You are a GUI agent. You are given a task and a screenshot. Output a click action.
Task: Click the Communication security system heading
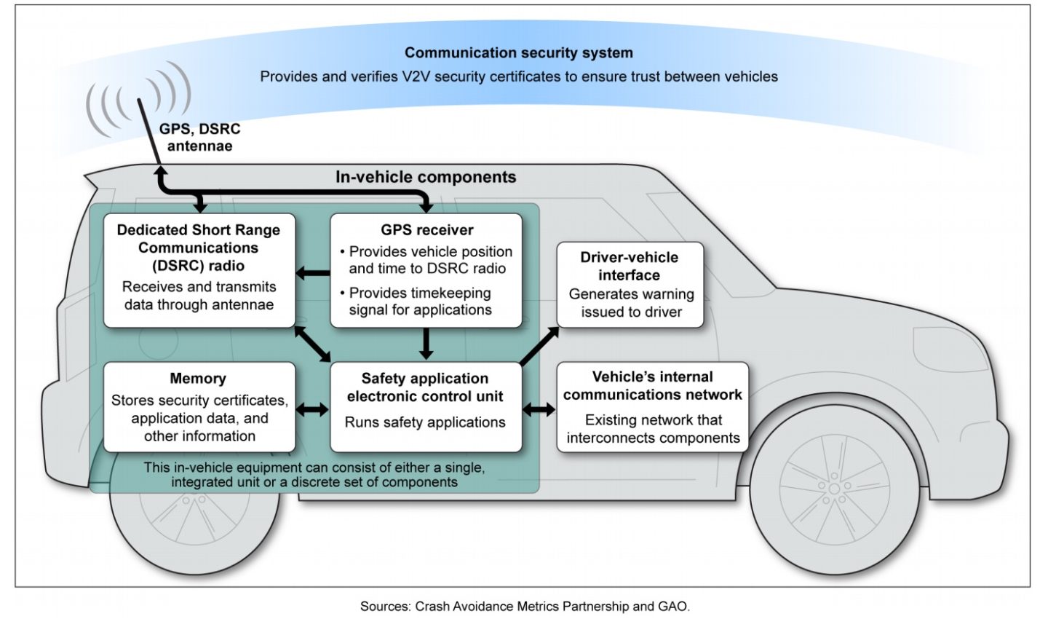pyautogui.click(x=518, y=52)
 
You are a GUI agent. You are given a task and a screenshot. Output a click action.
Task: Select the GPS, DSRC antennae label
pyautogui.click(x=199, y=137)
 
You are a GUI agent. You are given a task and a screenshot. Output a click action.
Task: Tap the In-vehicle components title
pyautogui.click(x=426, y=177)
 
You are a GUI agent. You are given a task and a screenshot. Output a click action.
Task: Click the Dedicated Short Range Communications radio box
pyautogui.click(x=199, y=269)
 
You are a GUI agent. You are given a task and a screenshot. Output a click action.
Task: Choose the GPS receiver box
pyautogui.click(x=426, y=269)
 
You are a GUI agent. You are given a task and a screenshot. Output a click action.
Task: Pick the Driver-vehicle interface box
pyautogui.click(x=630, y=284)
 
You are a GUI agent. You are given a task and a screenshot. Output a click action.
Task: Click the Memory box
pyautogui.click(x=199, y=406)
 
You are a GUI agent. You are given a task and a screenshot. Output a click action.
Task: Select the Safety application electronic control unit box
pyautogui.click(x=426, y=406)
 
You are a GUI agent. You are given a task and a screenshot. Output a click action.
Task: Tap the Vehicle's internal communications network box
pyautogui.click(x=652, y=406)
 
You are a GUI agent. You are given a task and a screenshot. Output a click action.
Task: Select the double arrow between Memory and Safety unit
pyautogui.click(x=313, y=410)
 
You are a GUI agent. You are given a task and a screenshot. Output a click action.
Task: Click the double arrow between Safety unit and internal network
pyautogui.click(x=539, y=410)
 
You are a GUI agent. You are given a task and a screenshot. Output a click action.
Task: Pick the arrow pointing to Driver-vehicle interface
pyautogui.click(x=540, y=345)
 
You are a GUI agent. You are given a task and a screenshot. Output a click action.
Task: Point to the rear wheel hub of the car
pyautogui.click(x=194, y=501)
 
